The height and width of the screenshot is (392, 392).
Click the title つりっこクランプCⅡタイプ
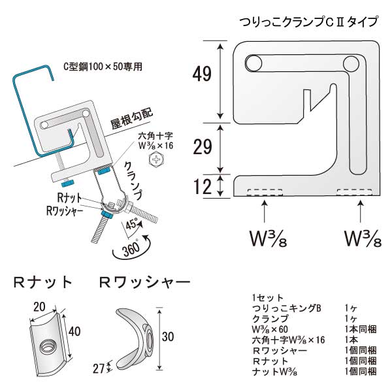pos(308,22)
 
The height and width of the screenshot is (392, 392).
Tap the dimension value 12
pos(203,187)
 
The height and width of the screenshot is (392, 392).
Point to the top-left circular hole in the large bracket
pos(252,63)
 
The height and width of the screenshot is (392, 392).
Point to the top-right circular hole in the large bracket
pos(349,63)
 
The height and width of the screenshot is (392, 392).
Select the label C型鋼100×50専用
pos(103,67)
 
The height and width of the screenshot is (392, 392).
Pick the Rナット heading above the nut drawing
pos(43,283)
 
